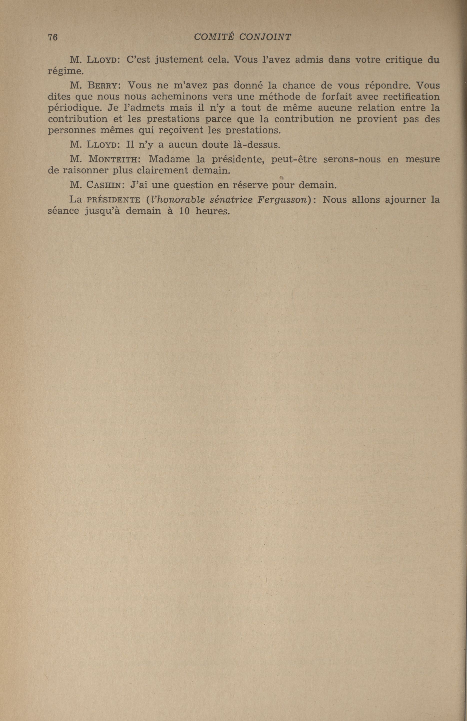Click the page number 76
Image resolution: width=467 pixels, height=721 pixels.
(x=53, y=37)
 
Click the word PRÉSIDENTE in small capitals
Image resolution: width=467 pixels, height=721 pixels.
(x=113, y=200)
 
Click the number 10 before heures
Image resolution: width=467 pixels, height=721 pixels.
(x=184, y=211)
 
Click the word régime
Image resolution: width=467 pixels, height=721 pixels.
(x=65, y=72)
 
